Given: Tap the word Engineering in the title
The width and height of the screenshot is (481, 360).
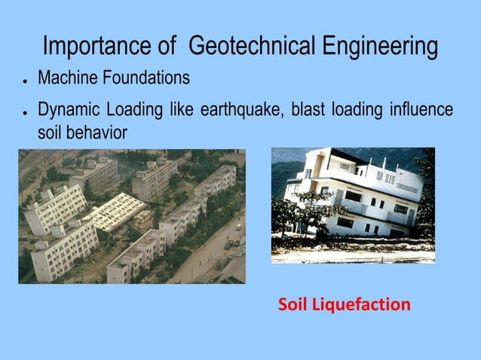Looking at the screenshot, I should pyautogui.click(x=380, y=47).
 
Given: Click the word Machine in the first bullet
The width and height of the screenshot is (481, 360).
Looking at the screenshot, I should pyautogui.click(x=66, y=78).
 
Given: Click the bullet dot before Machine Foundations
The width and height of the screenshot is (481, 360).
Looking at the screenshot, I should pyautogui.click(x=25, y=80).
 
